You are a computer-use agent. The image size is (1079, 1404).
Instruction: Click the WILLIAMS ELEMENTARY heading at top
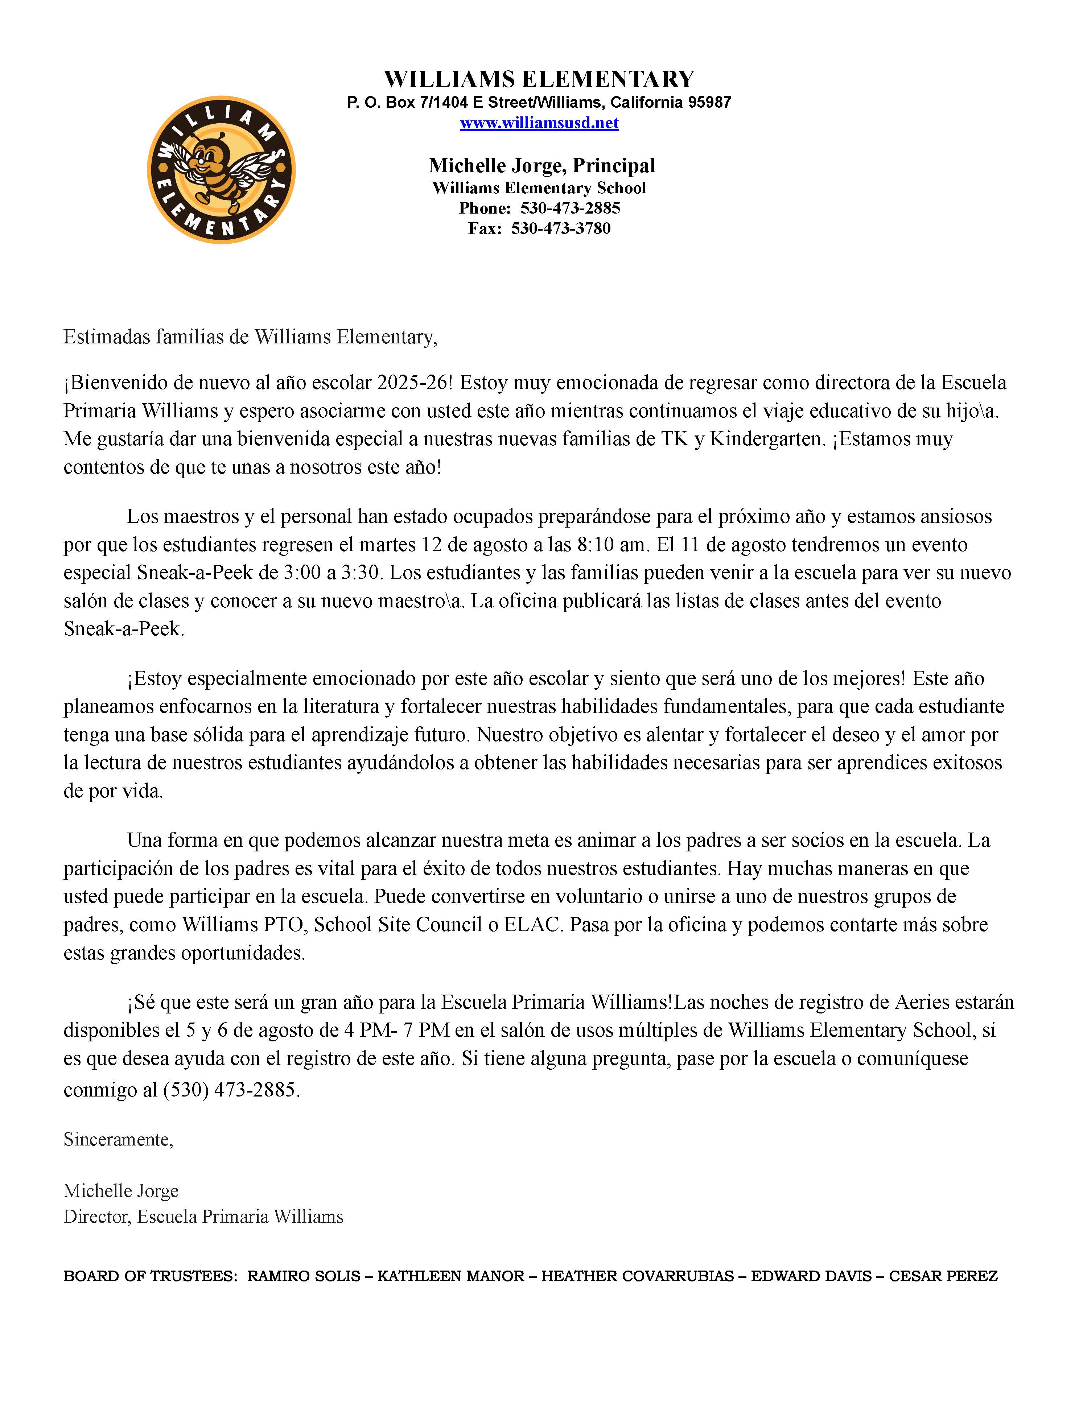coord(539,79)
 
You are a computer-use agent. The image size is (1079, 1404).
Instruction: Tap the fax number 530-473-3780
coord(561,228)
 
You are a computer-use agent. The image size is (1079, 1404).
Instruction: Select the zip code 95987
coord(709,102)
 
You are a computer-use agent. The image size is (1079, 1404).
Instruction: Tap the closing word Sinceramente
coord(118,1140)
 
